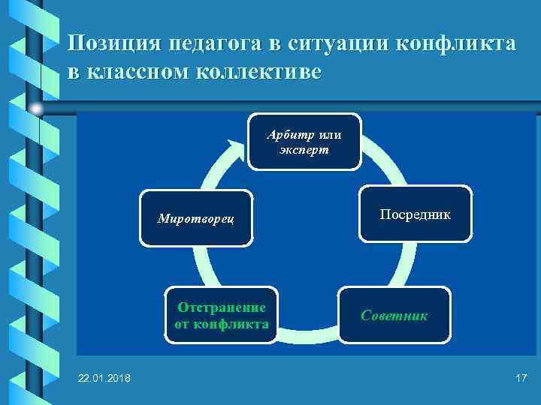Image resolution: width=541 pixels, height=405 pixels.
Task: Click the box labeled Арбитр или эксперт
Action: click(x=304, y=142)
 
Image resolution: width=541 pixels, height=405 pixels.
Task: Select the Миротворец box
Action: click(x=195, y=218)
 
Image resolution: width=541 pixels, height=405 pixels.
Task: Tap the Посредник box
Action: click(x=415, y=214)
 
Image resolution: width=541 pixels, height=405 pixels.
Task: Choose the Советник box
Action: click(x=394, y=315)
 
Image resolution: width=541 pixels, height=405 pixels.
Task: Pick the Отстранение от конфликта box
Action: click(x=221, y=315)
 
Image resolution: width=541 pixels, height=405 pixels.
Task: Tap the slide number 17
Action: click(x=521, y=378)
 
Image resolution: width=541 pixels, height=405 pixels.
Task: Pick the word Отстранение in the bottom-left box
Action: click(x=221, y=307)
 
